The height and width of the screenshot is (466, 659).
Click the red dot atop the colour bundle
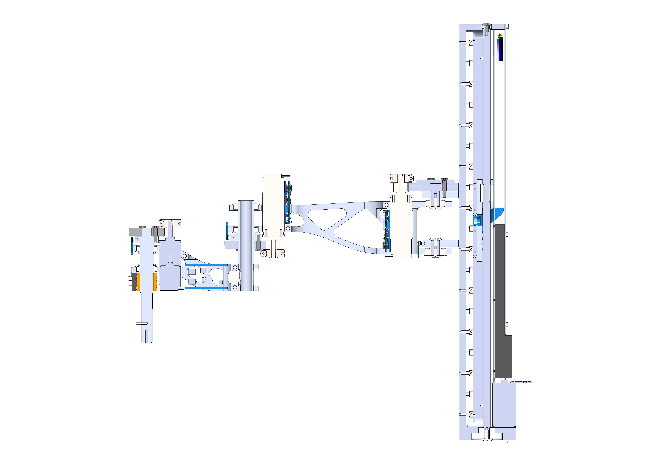(x=500, y=35)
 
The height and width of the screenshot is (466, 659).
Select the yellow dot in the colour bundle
(x=501, y=36)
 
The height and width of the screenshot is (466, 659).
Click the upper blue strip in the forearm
(x=206, y=265)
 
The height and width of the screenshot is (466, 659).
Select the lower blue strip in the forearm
(x=206, y=288)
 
